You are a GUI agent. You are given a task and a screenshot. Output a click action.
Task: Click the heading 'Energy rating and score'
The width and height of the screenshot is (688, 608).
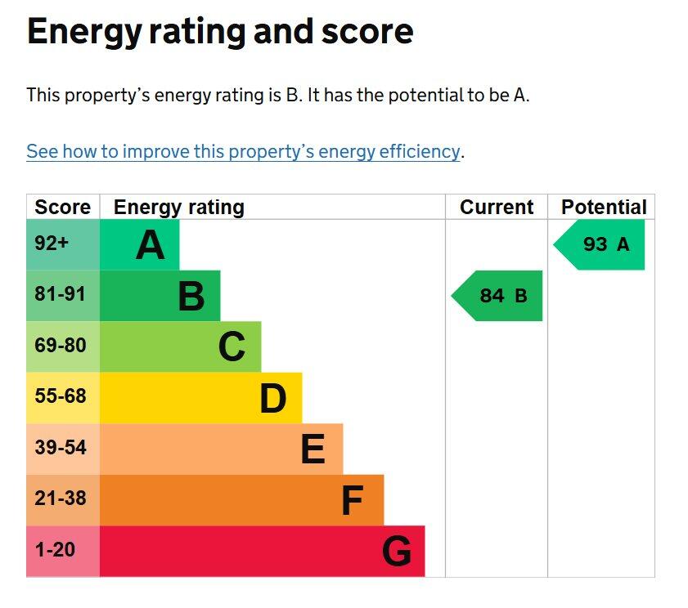point(220,33)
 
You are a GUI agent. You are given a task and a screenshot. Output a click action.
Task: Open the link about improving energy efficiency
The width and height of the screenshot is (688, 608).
point(243,151)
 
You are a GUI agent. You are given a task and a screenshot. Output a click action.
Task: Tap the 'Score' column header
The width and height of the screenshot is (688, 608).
point(62,208)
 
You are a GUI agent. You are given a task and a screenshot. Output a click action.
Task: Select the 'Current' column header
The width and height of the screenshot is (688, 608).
point(497,208)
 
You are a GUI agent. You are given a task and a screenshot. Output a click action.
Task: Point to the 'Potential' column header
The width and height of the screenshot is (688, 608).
point(603,208)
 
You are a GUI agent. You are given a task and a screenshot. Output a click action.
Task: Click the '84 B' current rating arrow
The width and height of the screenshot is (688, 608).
point(500,296)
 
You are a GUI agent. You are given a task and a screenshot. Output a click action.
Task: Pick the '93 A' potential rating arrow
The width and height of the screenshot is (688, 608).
point(602,244)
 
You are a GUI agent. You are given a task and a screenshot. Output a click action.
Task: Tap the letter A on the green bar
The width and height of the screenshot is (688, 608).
point(150,245)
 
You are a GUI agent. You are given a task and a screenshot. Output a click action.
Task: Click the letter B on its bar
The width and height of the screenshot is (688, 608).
point(191,297)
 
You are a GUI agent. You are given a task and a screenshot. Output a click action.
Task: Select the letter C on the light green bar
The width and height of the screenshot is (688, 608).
point(232,347)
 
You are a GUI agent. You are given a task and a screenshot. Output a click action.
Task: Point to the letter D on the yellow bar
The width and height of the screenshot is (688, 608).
point(273,399)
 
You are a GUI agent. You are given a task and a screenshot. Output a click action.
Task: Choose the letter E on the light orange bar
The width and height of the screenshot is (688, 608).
point(313,449)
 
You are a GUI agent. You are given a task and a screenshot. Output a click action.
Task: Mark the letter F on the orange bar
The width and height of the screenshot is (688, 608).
point(352,501)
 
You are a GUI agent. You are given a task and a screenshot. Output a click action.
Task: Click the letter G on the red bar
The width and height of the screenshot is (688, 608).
point(397,552)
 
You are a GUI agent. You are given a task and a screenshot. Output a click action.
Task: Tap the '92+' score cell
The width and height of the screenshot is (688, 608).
point(52,244)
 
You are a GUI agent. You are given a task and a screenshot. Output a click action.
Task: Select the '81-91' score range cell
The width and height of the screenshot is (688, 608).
point(60,294)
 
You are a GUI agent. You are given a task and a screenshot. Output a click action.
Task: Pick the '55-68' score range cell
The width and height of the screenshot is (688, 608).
point(60,396)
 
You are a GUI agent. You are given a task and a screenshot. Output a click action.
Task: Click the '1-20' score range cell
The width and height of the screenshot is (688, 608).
point(54,550)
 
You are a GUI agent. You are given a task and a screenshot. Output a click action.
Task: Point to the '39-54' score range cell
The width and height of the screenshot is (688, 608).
point(60,448)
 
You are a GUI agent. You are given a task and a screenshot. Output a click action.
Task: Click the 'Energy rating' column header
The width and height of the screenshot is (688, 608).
point(178,208)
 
